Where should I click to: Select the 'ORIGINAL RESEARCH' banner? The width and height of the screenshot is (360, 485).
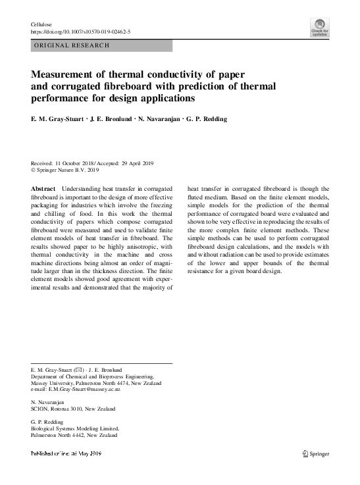click(70, 46)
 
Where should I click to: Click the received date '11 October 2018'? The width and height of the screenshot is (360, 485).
click(77, 163)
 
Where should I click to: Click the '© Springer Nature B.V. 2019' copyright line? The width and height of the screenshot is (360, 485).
click(66, 170)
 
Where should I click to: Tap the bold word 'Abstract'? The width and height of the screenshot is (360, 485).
click(43, 188)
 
